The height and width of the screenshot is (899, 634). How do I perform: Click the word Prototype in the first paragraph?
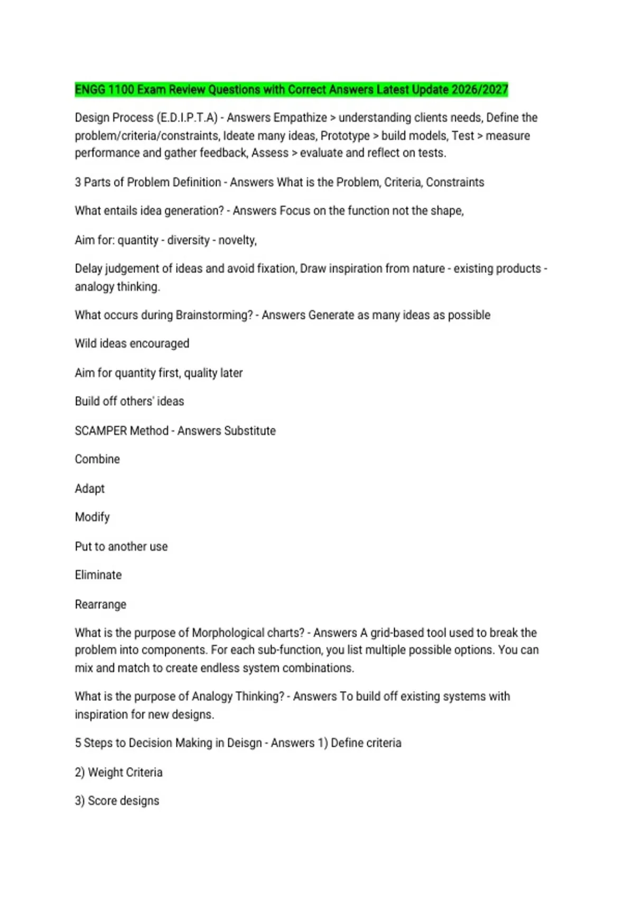pyautogui.click(x=345, y=135)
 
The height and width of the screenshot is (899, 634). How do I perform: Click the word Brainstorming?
pyautogui.click(x=214, y=315)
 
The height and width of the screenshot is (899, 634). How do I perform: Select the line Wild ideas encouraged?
pyautogui.click(x=132, y=344)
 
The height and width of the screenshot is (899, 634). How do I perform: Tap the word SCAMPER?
pyautogui.click(x=100, y=430)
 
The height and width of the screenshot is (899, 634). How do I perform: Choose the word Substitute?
pyautogui.click(x=249, y=430)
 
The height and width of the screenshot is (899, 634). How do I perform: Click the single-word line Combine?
pyautogui.click(x=97, y=459)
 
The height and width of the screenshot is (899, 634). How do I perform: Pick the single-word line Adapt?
pyautogui.click(x=90, y=489)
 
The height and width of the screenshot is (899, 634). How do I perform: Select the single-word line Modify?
pyautogui.click(x=92, y=517)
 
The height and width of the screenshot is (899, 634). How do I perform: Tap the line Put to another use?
pyautogui.click(x=121, y=546)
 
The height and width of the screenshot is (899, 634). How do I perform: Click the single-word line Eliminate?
pyautogui.click(x=98, y=575)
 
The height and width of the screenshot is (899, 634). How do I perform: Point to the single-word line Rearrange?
pyautogui.click(x=100, y=604)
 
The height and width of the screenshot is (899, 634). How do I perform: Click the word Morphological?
pyautogui.click(x=228, y=633)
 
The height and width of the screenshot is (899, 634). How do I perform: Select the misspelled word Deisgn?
pyautogui.click(x=244, y=743)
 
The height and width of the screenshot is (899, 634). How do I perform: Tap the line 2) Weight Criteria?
pyautogui.click(x=118, y=772)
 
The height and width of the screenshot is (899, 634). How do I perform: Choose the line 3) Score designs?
pyautogui.click(x=117, y=801)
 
